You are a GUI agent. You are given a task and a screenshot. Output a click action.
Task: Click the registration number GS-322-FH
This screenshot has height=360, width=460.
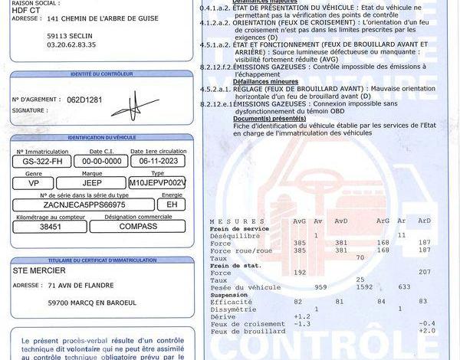41,162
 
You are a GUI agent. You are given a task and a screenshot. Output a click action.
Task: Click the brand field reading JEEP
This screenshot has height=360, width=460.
92,184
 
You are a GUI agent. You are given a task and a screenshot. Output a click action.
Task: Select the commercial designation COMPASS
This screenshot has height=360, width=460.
137,227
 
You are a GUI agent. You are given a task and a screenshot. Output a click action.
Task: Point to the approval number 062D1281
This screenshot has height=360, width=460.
64,100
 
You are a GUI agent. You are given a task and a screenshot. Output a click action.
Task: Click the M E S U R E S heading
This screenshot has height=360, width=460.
235,221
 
